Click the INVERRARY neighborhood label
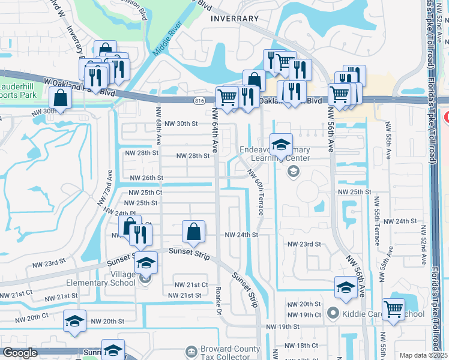(x=234, y=19)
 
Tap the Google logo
(x=20, y=353)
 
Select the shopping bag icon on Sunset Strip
(x=193, y=231)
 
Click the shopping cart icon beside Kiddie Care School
(x=394, y=310)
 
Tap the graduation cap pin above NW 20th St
(x=74, y=321)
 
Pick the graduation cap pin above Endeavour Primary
(x=281, y=145)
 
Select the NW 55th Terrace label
(x=377, y=226)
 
